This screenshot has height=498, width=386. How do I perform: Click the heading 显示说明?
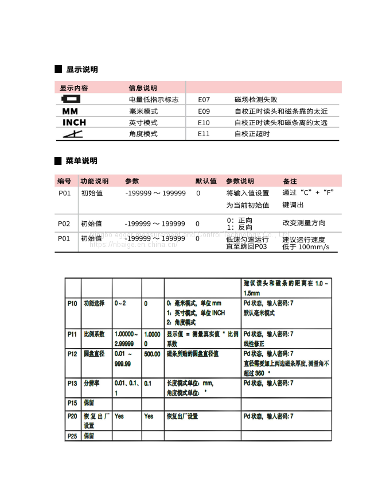click(81, 70)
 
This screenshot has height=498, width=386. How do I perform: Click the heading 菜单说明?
click(81, 161)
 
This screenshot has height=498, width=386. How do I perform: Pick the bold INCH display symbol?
click(74, 123)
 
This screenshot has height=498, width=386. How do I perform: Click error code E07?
click(204, 99)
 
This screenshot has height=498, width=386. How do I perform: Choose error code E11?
click(204, 134)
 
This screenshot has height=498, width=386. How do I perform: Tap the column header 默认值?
click(206, 181)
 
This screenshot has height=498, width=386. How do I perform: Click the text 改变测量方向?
click(303, 223)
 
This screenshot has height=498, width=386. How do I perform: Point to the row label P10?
click(72, 303)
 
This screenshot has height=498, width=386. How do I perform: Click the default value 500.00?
click(152, 354)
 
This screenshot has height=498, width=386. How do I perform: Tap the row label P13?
click(72, 383)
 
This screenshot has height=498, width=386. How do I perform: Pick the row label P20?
click(72, 416)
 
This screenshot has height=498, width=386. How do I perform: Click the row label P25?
click(72, 436)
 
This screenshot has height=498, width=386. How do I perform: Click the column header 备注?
click(290, 181)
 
